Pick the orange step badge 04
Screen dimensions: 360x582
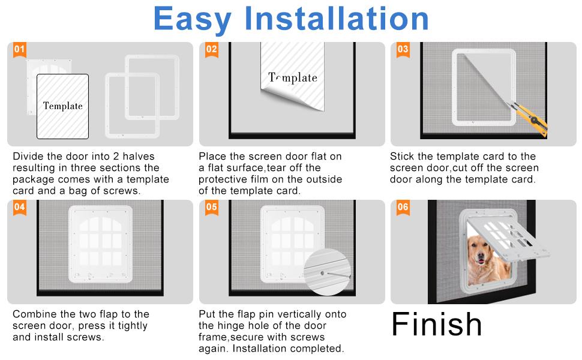tap(20, 208)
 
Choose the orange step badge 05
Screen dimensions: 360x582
tap(212, 208)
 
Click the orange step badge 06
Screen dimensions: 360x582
tap(403, 208)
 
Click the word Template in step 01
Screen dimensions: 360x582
tap(62, 106)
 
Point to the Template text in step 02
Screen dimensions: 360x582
tap(293, 77)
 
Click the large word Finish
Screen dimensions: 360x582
tap(436, 324)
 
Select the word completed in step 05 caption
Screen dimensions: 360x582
tap(322, 349)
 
